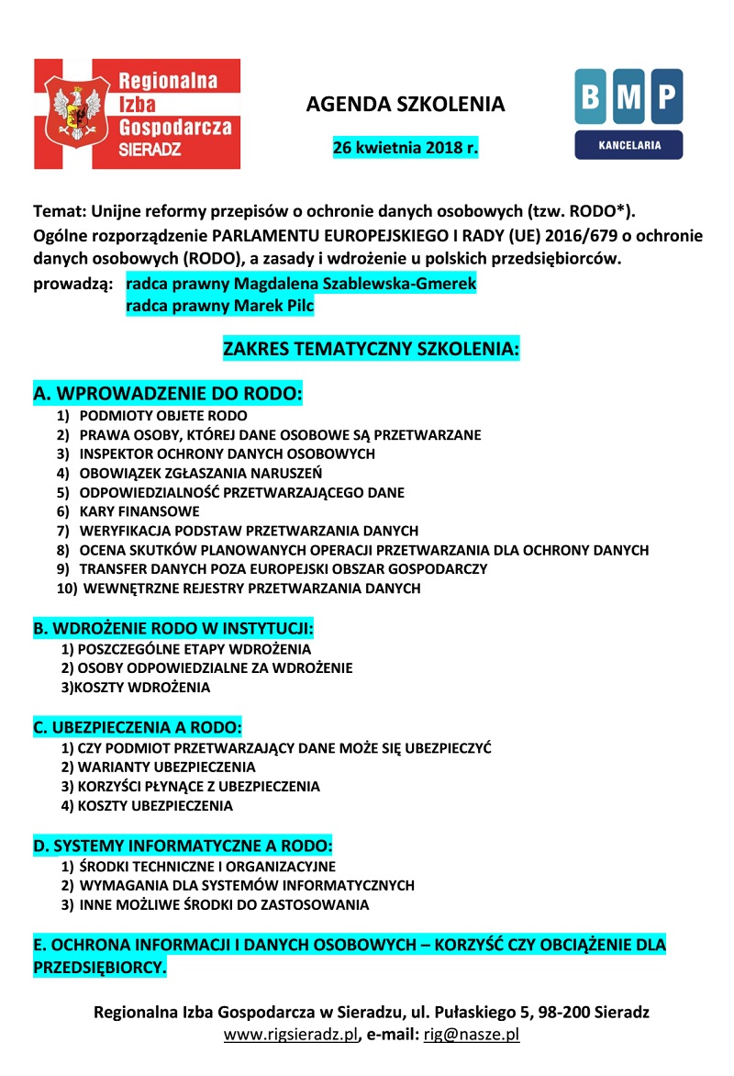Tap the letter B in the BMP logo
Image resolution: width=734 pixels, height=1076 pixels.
(x=591, y=95)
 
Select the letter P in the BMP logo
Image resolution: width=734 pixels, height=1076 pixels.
(x=667, y=95)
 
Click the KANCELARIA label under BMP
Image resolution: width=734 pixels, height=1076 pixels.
(x=628, y=145)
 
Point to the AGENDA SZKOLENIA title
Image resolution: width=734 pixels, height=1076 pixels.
(x=406, y=105)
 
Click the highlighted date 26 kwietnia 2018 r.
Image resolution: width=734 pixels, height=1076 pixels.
(x=406, y=147)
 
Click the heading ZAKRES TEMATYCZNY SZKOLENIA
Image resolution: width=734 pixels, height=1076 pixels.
(x=372, y=350)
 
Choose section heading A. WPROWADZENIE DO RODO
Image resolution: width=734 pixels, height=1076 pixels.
(x=168, y=394)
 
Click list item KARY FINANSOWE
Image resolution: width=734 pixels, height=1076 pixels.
(x=139, y=511)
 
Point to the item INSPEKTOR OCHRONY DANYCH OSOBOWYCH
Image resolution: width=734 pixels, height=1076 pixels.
(x=228, y=454)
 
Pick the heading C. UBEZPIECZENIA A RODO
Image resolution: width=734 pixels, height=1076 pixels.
(x=138, y=728)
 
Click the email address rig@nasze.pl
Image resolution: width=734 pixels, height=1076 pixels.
(x=471, y=1034)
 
